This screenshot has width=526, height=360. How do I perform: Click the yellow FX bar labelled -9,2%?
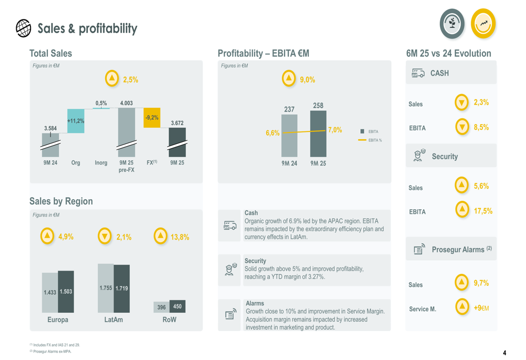click(x=151, y=118)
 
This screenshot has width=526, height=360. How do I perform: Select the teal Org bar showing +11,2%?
click(x=76, y=121)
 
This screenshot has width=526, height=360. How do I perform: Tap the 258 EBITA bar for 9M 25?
click(x=318, y=134)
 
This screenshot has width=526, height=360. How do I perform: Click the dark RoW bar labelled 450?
click(x=177, y=306)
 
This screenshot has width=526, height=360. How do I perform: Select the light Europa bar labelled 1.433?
click(x=50, y=292)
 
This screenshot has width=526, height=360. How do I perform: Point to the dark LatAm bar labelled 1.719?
click(x=122, y=289)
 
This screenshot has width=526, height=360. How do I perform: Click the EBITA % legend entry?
click(x=370, y=140)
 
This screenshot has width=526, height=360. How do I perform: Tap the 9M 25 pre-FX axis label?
click(x=126, y=166)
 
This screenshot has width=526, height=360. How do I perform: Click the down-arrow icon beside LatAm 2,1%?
click(x=106, y=236)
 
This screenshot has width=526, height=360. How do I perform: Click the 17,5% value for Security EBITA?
click(x=483, y=211)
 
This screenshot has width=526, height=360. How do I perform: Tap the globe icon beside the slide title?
click(x=23, y=28)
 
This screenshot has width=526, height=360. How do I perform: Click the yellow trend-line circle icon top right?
click(x=483, y=24)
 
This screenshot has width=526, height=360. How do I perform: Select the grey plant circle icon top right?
click(x=452, y=24)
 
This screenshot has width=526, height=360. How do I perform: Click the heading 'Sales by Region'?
click(x=61, y=201)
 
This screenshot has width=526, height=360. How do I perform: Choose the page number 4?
click(x=504, y=353)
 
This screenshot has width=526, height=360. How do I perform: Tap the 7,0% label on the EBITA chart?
click(x=335, y=130)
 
